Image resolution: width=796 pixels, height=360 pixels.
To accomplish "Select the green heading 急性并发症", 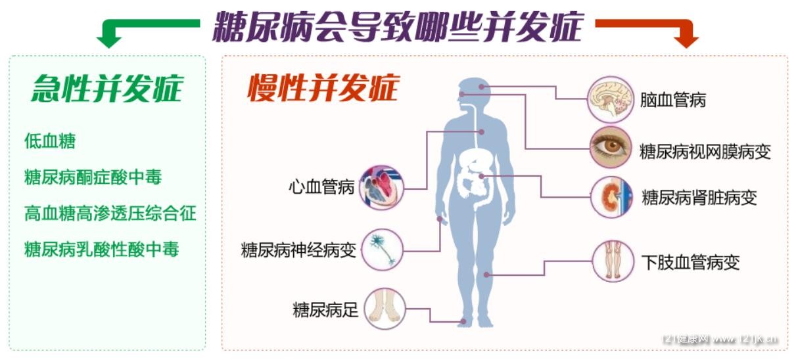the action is (x=107, y=89).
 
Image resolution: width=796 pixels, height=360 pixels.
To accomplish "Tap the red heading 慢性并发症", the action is (x=323, y=87).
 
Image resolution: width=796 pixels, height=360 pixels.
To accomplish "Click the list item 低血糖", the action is (x=50, y=141).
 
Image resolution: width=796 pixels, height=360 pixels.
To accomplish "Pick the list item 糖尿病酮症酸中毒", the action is (x=93, y=177).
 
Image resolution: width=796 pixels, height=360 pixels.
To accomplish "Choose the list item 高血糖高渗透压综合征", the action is (x=110, y=214).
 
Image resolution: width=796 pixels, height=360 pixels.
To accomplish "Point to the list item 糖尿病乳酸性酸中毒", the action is (x=102, y=249).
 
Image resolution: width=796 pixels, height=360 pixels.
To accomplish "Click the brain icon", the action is (x=610, y=100).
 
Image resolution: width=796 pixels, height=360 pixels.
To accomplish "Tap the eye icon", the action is (x=610, y=147).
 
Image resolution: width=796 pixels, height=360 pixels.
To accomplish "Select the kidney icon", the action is (x=611, y=197).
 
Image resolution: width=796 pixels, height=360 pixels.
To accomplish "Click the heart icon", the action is (x=382, y=187).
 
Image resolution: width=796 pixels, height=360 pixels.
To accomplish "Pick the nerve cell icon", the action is (x=383, y=250).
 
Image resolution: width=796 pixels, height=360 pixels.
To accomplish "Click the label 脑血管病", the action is (x=673, y=100).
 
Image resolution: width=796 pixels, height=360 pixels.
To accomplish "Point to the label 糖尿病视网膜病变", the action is (x=705, y=152).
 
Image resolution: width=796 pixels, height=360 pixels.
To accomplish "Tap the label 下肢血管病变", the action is (x=691, y=263).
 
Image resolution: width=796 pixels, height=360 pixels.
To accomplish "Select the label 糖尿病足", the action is (x=325, y=310).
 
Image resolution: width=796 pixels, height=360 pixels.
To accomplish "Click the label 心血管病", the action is (x=321, y=187).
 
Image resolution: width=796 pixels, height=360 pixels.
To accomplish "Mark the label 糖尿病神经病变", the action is (x=298, y=250).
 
